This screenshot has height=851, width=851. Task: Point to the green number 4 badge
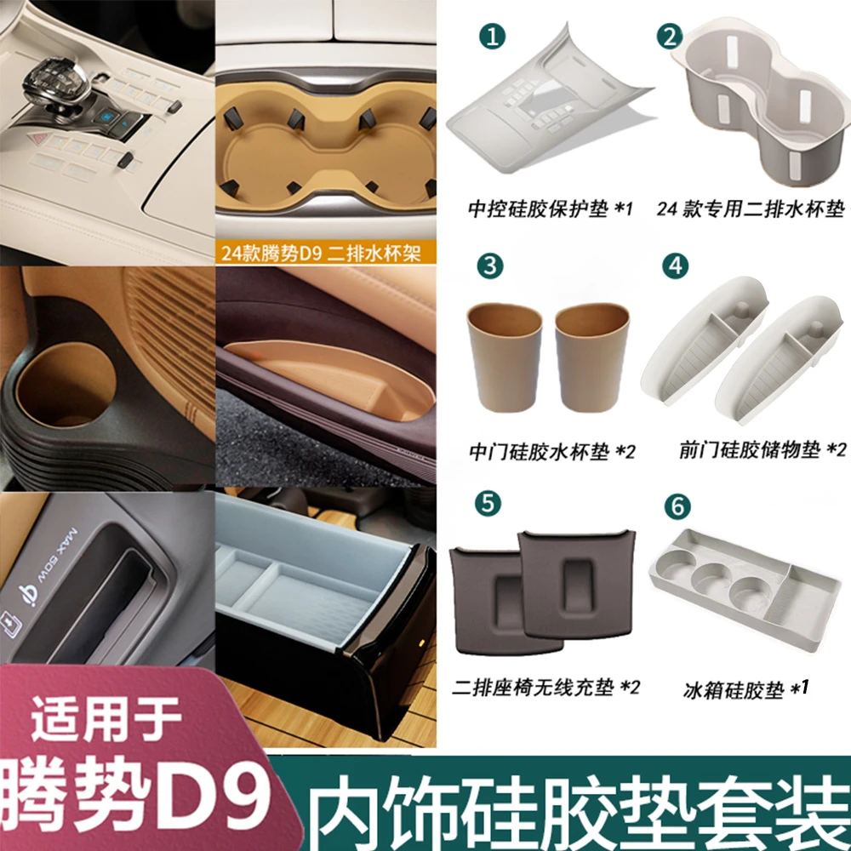[x=676, y=266]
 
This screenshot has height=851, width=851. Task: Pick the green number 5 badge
[x=487, y=501]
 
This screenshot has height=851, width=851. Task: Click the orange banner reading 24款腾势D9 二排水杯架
[x=319, y=254]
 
